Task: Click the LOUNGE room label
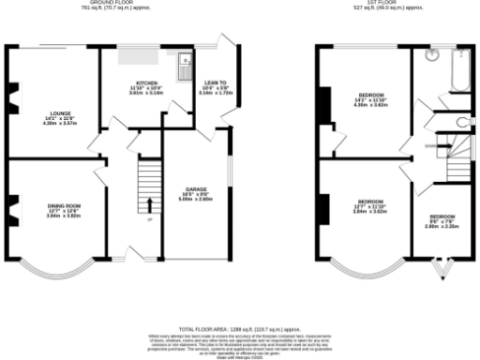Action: pyautogui.click(x=52, y=118)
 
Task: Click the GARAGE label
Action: pyautogui.click(x=195, y=194)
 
